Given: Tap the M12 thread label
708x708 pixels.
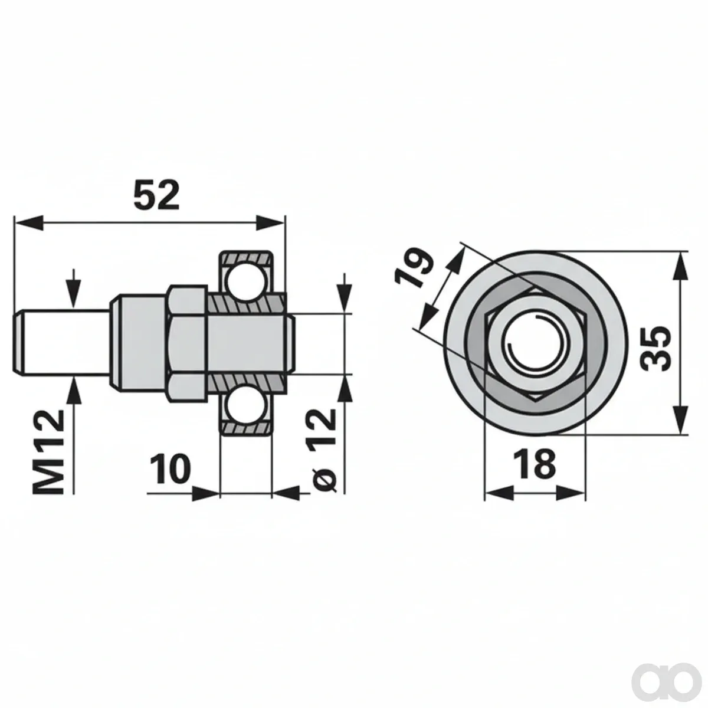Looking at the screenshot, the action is click(x=48, y=452).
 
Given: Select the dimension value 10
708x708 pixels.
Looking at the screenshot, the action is click(x=171, y=468).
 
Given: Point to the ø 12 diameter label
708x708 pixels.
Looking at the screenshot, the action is click(x=323, y=450).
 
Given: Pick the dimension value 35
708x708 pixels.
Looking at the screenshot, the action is click(x=655, y=348).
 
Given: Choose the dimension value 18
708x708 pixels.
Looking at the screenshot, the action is click(x=535, y=464).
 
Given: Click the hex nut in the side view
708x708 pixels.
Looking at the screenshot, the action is click(x=186, y=343).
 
